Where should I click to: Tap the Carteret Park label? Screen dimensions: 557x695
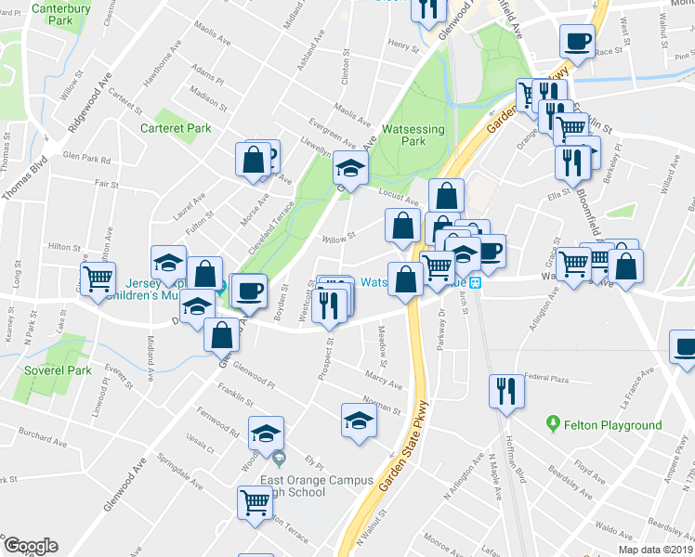point(176,128)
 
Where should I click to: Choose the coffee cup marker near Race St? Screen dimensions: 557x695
point(577,42)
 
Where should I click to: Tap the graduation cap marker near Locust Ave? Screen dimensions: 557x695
point(351,169)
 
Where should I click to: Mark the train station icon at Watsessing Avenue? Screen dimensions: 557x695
point(475,282)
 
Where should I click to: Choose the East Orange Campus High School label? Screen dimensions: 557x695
point(316,487)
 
